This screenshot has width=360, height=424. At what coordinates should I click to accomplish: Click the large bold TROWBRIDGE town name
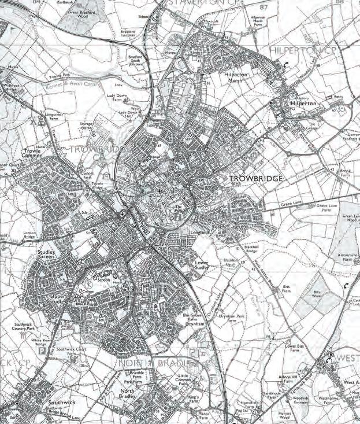point(256,179)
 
